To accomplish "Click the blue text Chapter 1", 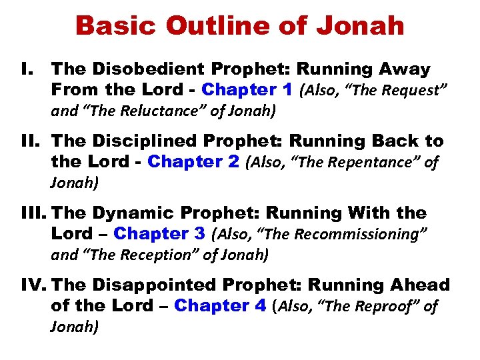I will (249, 89).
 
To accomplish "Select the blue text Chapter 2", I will (193, 161).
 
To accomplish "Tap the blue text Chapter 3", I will (160, 234).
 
